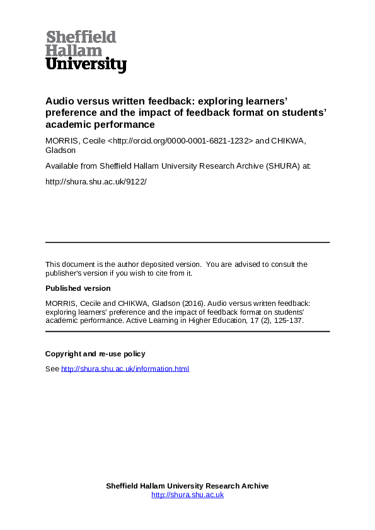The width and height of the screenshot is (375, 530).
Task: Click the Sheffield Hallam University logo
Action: [x=86, y=51]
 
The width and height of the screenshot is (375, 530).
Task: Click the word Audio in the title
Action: [x=59, y=100]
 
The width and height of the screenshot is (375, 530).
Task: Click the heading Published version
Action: [x=78, y=288]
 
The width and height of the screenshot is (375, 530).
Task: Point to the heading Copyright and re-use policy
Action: [x=95, y=354]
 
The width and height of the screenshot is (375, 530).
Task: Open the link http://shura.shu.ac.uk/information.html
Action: [x=125, y=369]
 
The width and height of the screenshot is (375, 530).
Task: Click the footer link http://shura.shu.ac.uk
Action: [x=187, y=495]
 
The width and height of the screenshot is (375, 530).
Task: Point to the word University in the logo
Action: [x=86, y=64]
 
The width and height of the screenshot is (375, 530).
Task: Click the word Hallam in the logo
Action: [x=66, y=50]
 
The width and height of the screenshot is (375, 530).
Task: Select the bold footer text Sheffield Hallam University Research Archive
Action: [x=187, y=486]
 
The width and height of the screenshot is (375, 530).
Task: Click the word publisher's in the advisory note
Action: [x=67, y=273]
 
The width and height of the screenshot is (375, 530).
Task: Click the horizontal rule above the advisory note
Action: [x=187, y=242]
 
